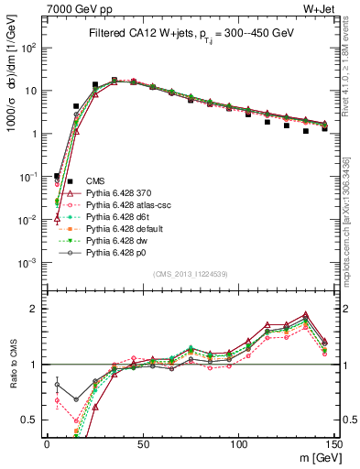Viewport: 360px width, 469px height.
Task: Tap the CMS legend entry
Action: coord(95,181)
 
